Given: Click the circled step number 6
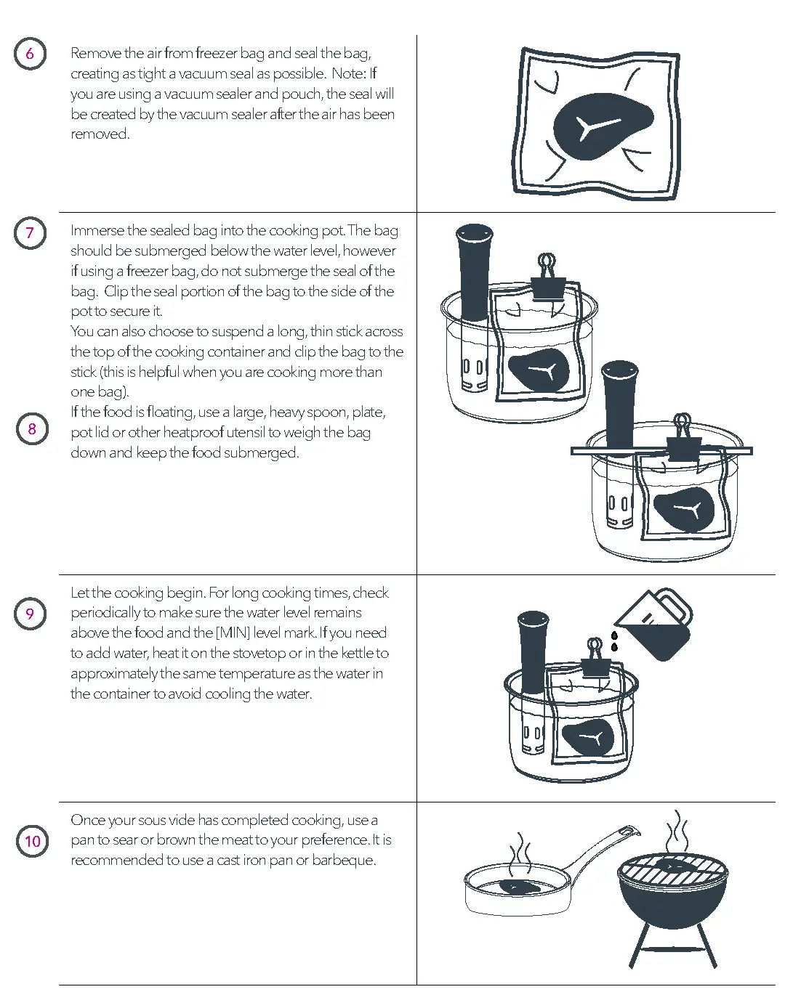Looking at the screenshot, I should tap(30, 54).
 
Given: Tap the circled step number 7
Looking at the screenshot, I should tap(30, 233).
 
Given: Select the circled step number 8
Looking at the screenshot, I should tap(32, 429).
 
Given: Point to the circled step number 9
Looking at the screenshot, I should tap(30, 614).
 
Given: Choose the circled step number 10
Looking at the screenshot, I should tap(33, 842).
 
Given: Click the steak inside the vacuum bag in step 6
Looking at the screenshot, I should tap(600, 126).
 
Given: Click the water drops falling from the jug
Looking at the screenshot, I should tap(615, 641).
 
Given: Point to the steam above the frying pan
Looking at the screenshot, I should tap(520, 853).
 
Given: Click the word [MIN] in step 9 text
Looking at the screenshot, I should tap(233, 633).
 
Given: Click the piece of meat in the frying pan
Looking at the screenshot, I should tap(519, 887).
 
